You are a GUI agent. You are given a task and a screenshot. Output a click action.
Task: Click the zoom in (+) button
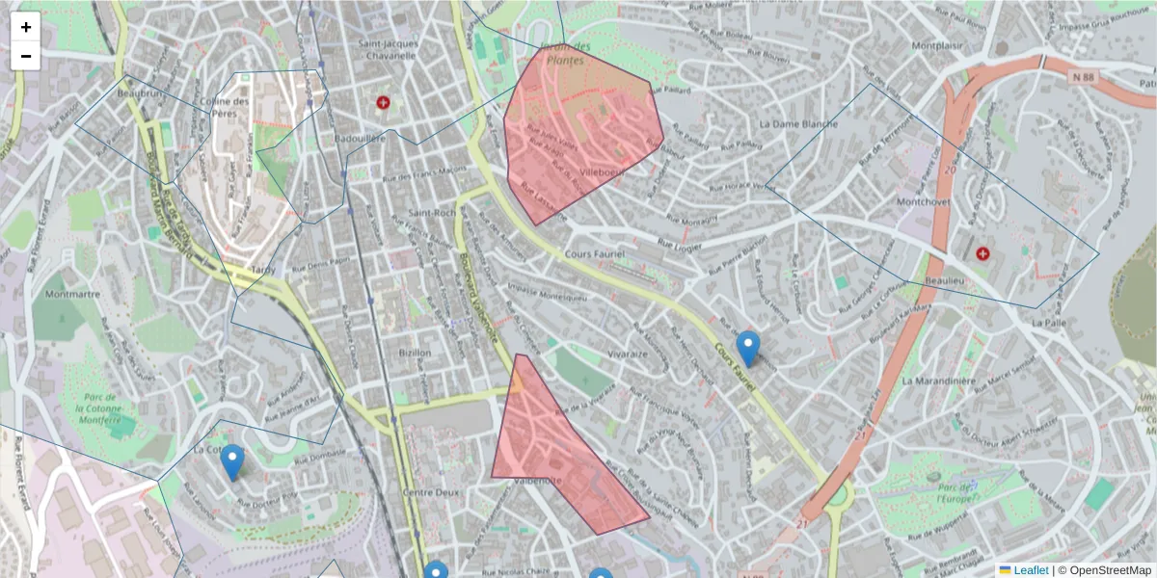(x=26, y=27)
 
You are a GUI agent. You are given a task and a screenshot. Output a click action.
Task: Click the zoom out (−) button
(x=26, y=56)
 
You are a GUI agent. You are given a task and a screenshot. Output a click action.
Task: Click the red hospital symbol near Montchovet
(x=982, y=253)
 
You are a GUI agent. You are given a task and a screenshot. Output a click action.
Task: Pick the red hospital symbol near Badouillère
(x=383, y=102)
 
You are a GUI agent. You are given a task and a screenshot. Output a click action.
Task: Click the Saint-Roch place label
(x=431, y=213)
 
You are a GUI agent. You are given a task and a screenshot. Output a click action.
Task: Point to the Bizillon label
(x=416, y=353)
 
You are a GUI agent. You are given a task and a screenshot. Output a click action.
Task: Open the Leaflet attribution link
(x=1030, y=570)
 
